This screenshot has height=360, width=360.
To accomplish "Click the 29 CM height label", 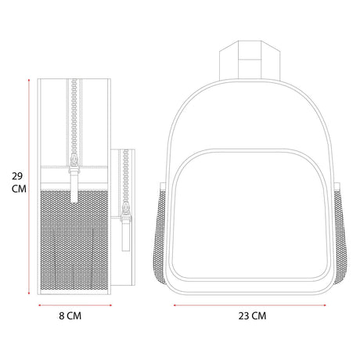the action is point(19,182).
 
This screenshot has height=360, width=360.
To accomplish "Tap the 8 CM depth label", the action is point(70,316).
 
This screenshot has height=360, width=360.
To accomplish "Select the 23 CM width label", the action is point(252,316).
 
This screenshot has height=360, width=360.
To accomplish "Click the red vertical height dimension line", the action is point(29,186).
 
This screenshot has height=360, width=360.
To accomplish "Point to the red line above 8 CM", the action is point(75,305).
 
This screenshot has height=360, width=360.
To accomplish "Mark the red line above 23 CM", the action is point(250,305).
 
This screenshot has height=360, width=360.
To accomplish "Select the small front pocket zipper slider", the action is point(126,213).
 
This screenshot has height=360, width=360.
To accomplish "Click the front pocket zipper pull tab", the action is point(126,236).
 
